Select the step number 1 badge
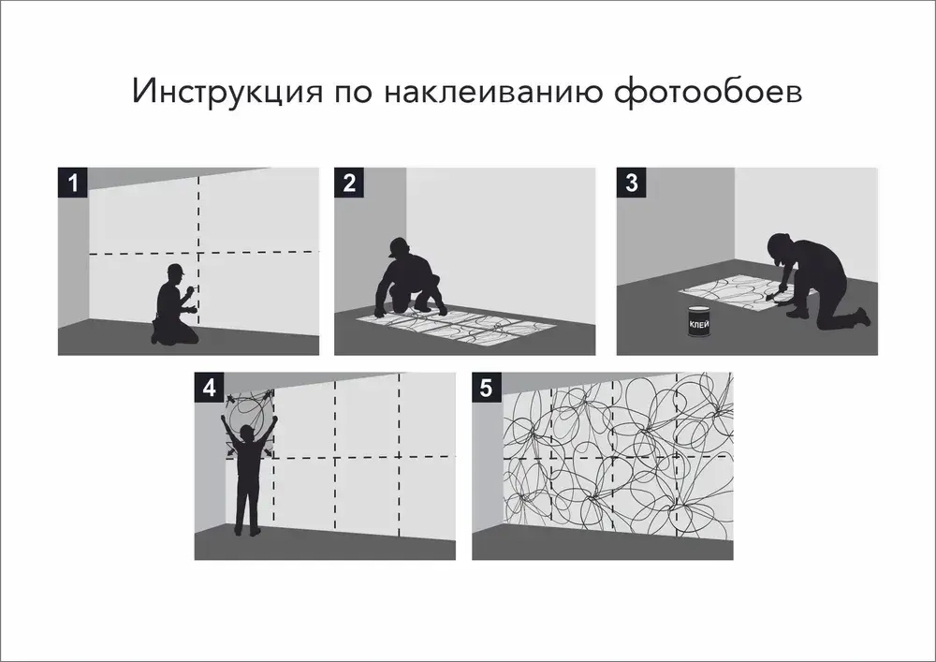(x=72, y=182)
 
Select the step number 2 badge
(x=349, y=182)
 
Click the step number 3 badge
(x=631, y=182)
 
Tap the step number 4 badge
(x=208, y=387)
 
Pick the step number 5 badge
(x=486, y=387)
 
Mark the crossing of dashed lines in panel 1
(x=199, y=253)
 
